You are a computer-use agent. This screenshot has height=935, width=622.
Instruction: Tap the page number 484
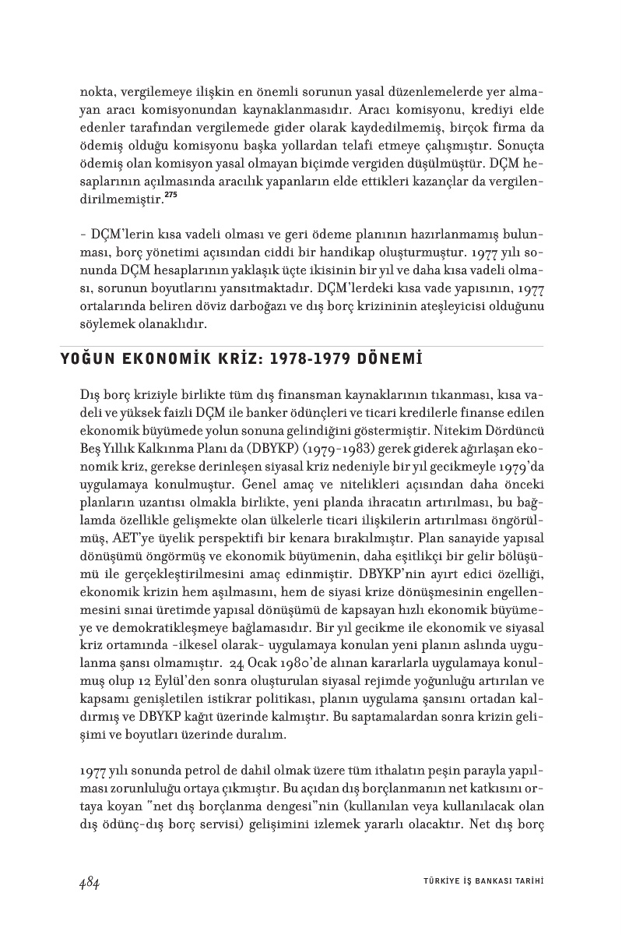(89, 881)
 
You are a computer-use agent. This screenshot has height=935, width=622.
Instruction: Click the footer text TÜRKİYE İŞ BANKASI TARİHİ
(478, 882)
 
